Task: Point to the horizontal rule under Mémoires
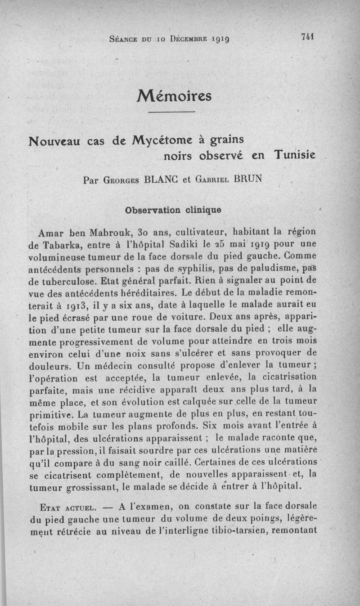[x=171, y=112]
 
